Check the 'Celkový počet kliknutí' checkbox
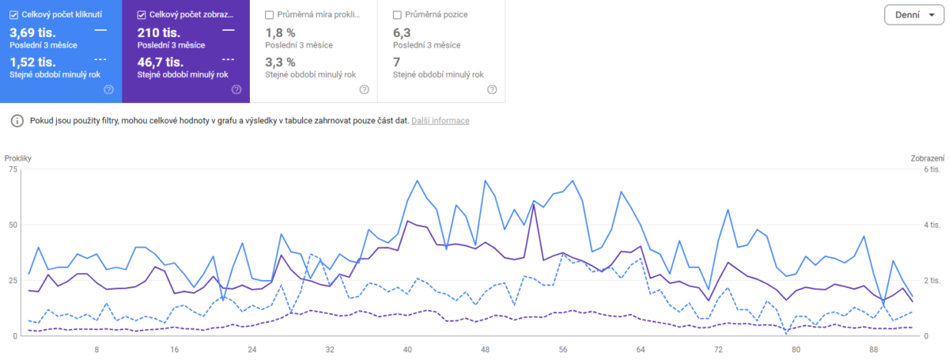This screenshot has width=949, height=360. coord(13,15)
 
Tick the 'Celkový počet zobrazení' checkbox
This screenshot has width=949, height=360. coord(142,15)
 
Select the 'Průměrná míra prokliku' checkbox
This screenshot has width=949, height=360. coord(270,15)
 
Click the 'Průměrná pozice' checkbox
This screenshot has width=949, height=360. coord(397,15)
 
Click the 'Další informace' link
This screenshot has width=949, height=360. coord(440,121)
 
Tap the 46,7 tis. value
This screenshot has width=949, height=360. coord(161,62)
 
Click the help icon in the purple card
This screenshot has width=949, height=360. coord(236,89)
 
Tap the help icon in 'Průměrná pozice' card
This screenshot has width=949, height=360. coord(492,89)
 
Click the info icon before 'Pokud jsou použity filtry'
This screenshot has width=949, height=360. coord(16,121)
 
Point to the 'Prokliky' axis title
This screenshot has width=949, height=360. coord(17,159)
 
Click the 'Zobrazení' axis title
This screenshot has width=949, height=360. coord(928,159)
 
